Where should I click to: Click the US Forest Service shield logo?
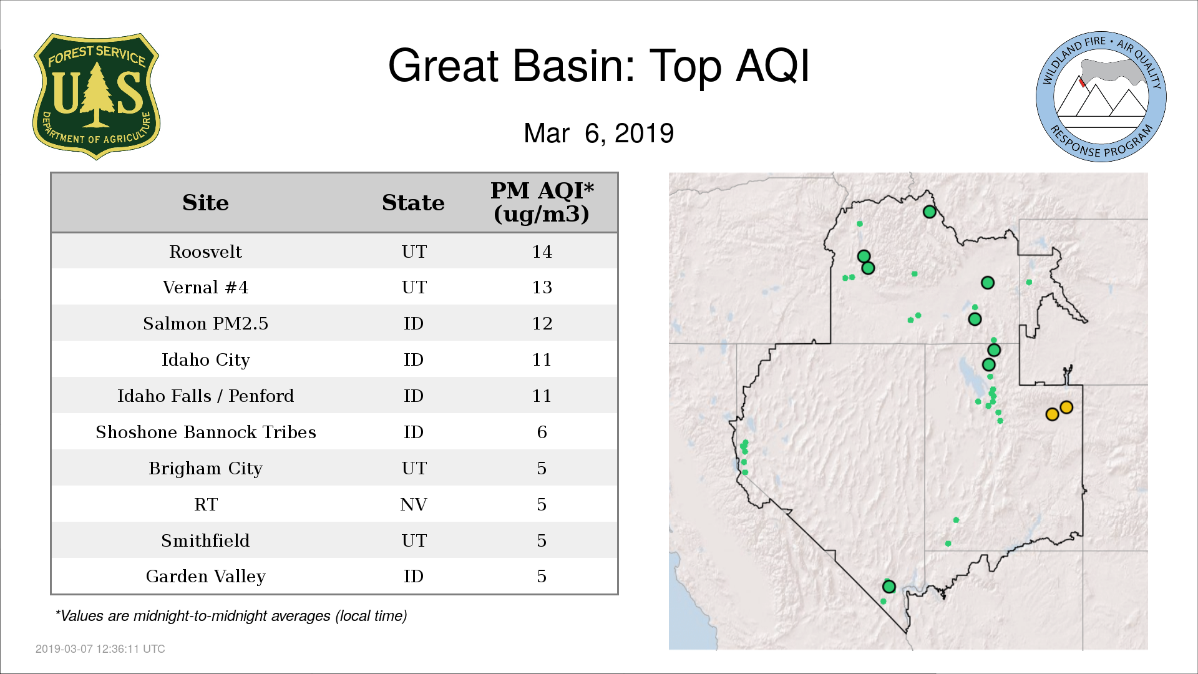pyautogui.click(x=96, y=96)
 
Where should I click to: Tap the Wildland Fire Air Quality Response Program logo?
pyautogui.click(x=1101, y=97)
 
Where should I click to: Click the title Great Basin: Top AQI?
pyautogui.click(x=599, y=66)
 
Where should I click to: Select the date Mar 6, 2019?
pyautogui.click(x=599, y=133)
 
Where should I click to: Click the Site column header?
pyautogui.click(x=205, y=203)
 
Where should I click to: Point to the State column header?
pyautogui.click(x=413, y=203)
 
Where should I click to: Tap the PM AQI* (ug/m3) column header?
pyautogui.click(x=542, y=202)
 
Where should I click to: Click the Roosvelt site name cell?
pyautogui.click(x=205, y=252)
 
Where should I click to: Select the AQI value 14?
pyautogui.click(x=542, y=252)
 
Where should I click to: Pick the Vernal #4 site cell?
pyautogui.click(x=205, y=287)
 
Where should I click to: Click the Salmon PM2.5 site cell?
pyautogui.click(x=205, y=323)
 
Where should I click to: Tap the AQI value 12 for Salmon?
pyautogui.click(x=542, y=323)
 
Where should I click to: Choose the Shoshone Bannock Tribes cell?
pyautogui.click(x=205, y=432)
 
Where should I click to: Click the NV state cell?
pyautogui.click(x=413, y=504)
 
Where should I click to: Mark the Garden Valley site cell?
pyautogui.click(x=205, y=576)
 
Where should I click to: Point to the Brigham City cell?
pyautogui.click(x=205, y=468)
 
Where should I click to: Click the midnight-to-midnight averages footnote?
pyautogui.click(x=231, y=616)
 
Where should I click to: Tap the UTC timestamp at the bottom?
pyautogui.click(x=100, y=649)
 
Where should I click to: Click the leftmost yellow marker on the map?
pyautogui.click(x=1052, y=414)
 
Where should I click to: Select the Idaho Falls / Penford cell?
pyautogui.click(x=205, y=396)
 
